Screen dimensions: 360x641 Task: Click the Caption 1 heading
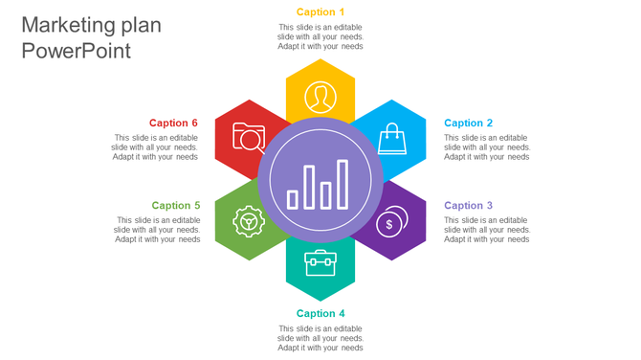click(320, 12)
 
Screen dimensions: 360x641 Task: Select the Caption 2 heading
click(469, 124)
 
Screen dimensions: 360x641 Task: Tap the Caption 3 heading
click(469, 206)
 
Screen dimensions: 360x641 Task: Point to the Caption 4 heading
click(320, 314)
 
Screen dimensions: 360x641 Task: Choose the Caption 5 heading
click(176, 206)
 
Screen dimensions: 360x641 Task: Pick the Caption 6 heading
click(174, 124)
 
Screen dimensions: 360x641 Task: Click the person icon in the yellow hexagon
click(320, 97)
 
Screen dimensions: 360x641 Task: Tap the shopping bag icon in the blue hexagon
click(391, 139)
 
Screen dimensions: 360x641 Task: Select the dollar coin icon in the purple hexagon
click(390, 222)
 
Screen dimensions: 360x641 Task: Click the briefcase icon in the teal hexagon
click(320, 262)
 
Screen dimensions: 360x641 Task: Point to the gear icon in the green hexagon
click(249, 222)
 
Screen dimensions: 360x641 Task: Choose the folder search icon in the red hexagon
click(249, 139)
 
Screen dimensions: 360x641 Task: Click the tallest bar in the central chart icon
click(343, 185)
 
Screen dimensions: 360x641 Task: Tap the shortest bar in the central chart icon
click(293, 199)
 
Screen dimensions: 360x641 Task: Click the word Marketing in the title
click(66, 25)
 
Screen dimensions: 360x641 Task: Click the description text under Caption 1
click(320, 37)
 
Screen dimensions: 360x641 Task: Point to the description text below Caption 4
click(320, 338)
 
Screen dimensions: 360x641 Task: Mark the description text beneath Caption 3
click(487, 230)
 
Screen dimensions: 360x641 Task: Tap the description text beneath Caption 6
click(155, 147)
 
